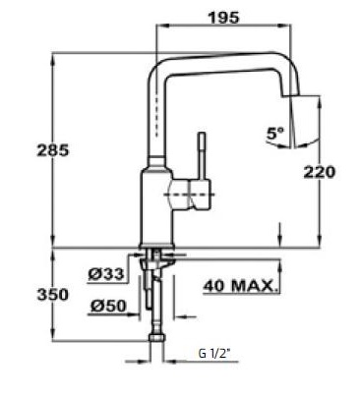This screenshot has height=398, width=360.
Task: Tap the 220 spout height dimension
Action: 320,171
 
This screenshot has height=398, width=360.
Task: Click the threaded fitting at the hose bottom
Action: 155,344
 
